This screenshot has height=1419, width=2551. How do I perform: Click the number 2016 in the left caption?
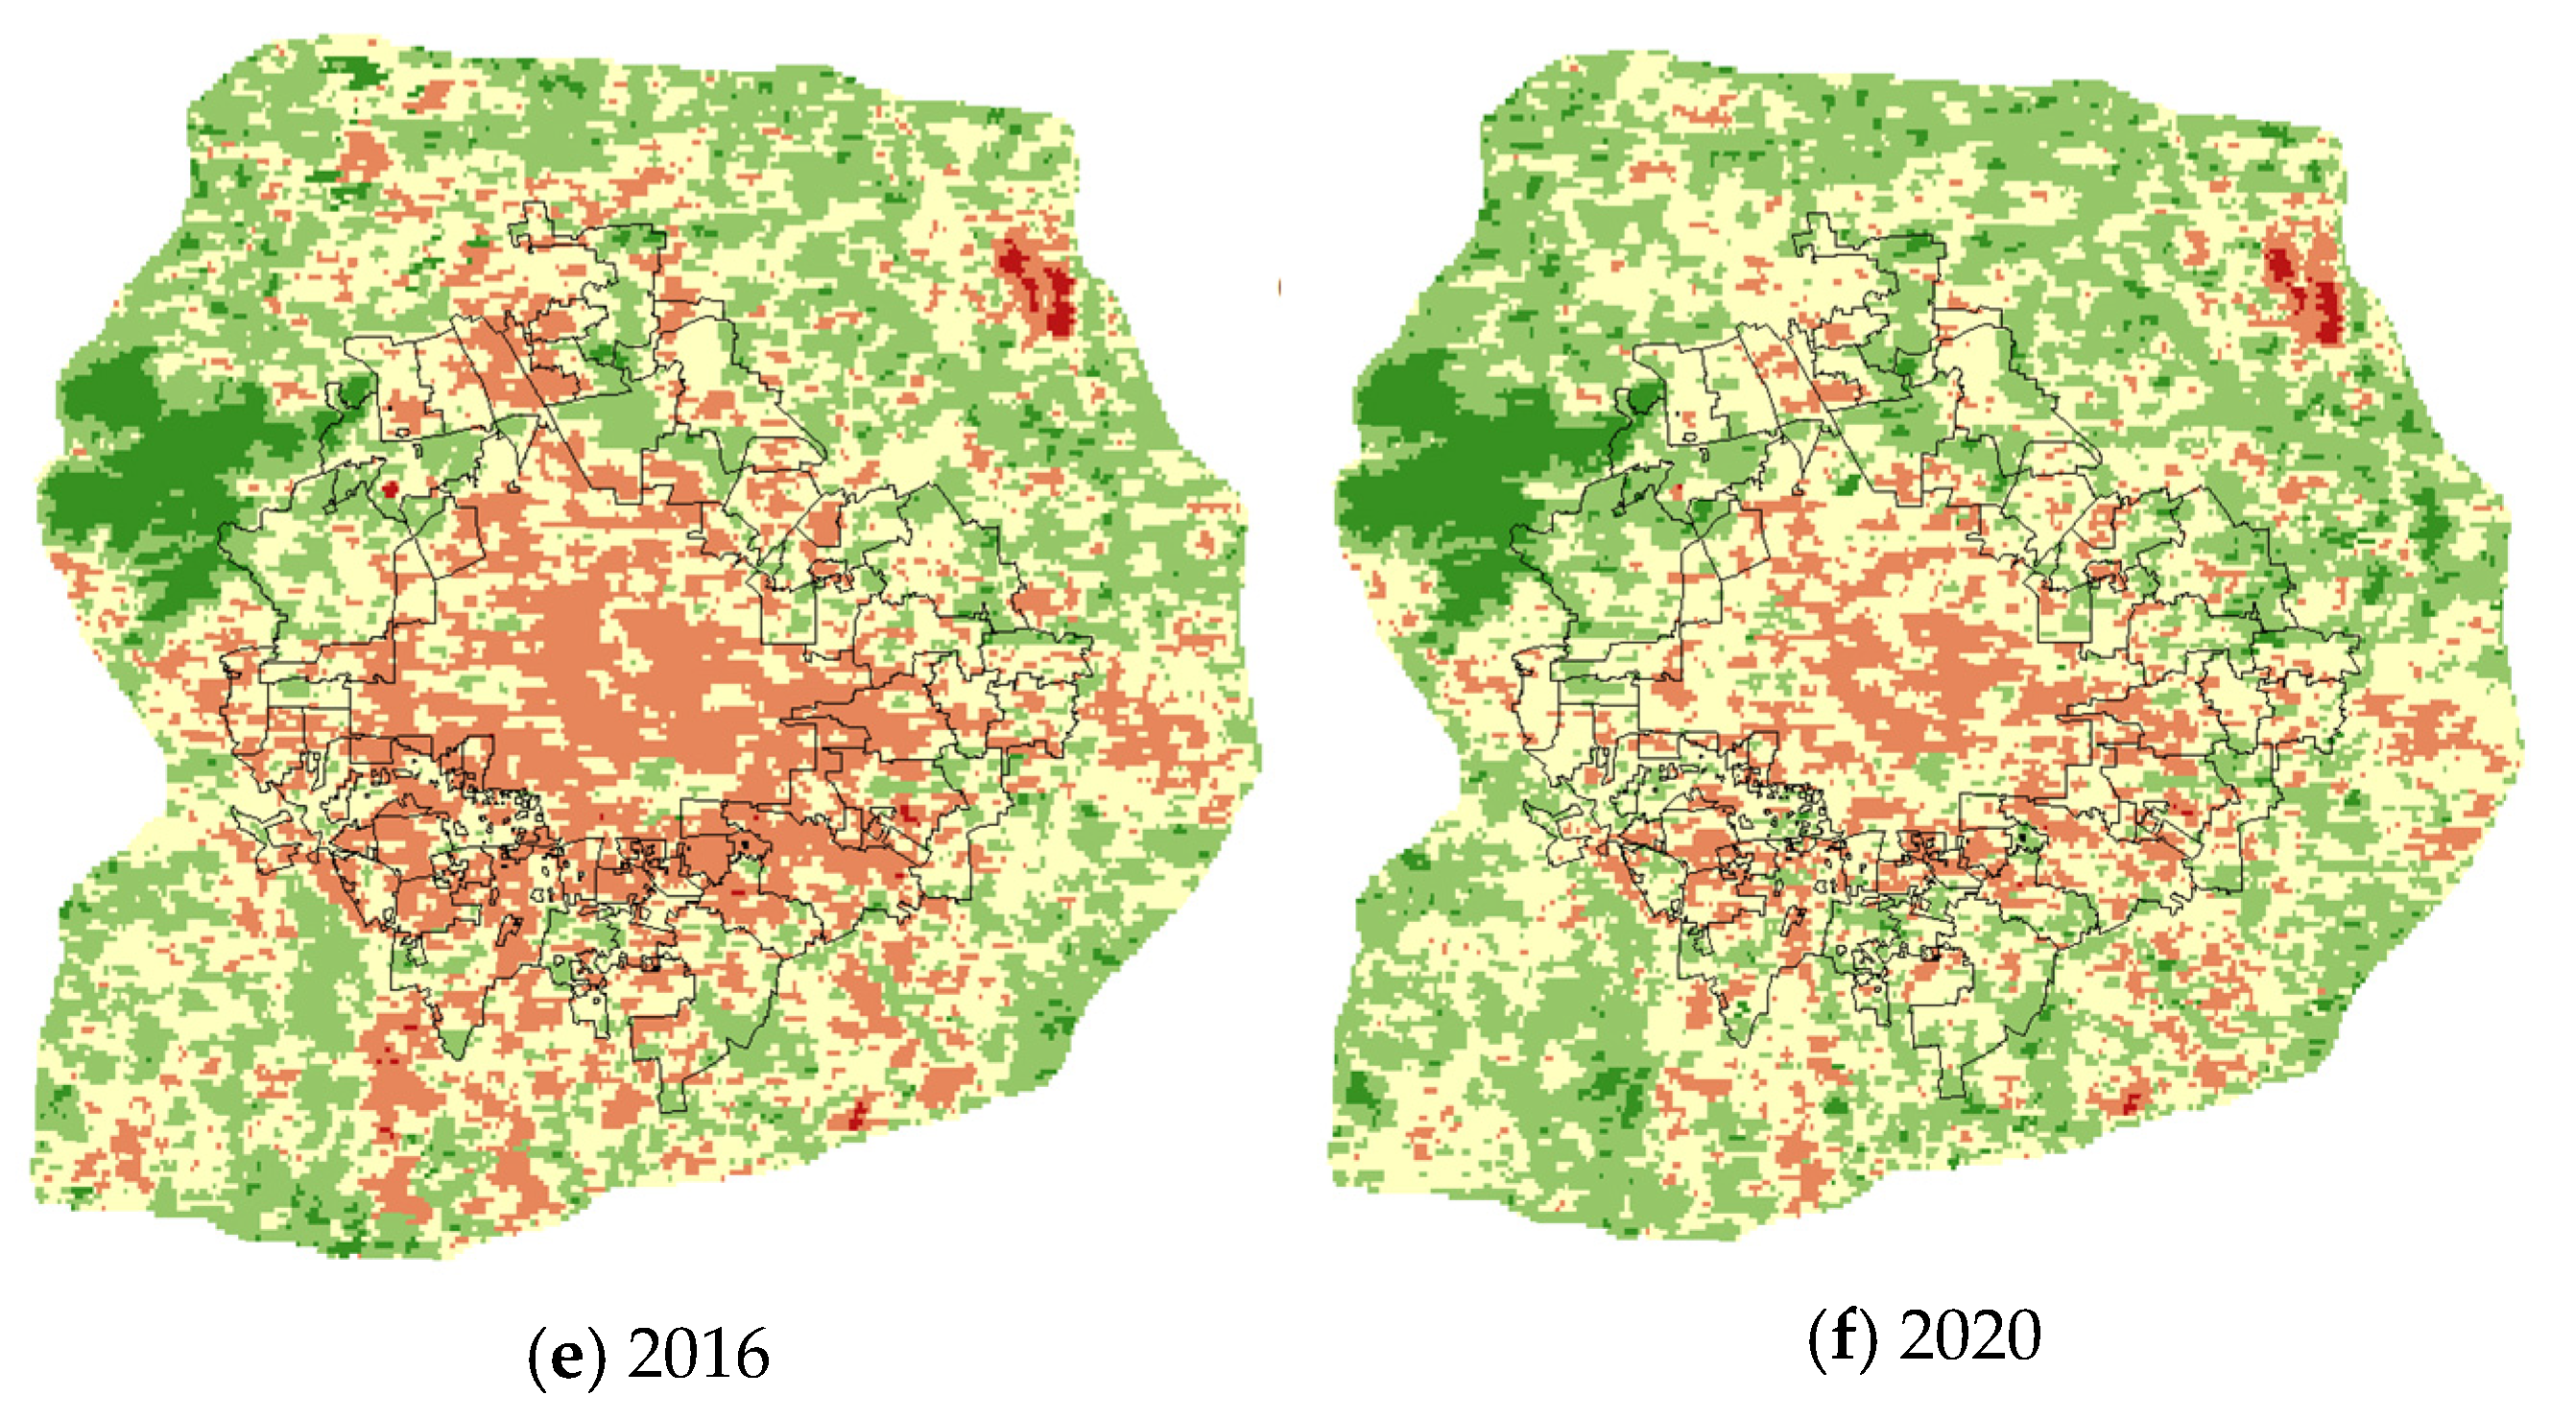[x=698, y=1355]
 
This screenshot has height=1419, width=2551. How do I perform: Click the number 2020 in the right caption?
[x=1970, y=1335]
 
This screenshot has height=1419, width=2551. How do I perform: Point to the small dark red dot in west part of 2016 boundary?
[x=391, y=487]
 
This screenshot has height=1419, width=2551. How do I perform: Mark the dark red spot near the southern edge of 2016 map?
[x=858, y=1115]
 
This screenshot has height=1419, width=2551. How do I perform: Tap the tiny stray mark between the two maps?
[x=1279, y=287]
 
